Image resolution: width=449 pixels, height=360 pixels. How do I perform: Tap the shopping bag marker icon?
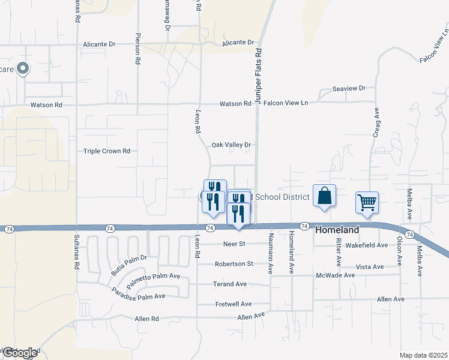324,196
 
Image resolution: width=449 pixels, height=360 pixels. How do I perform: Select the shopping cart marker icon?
367,202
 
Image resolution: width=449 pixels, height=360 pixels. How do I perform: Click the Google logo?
19,353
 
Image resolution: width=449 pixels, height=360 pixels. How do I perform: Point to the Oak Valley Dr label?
231,145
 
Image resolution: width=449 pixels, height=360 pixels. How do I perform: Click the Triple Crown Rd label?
107,151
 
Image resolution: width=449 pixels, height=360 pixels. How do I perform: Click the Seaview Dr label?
349,88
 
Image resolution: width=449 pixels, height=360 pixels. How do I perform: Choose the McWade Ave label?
336,275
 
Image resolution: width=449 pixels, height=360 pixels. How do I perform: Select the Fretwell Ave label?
234,304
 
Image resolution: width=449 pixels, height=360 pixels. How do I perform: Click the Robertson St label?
234,263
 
